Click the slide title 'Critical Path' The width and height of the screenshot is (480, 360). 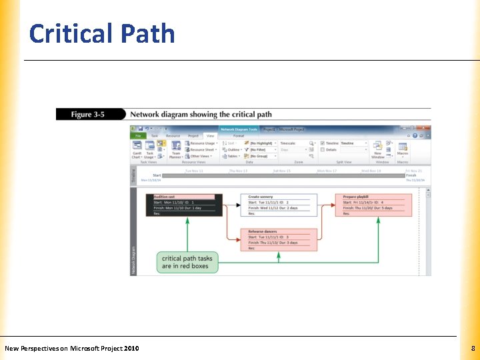(102, 33)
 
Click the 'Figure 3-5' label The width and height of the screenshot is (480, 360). (89, 115)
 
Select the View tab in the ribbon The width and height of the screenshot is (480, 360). (210, 135)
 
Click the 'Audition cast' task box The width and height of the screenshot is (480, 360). (183, 205)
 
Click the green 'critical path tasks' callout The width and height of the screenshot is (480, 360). (187, 262)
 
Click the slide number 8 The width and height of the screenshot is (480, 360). (473, 348)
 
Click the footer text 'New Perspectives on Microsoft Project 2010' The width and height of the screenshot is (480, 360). (72, 348)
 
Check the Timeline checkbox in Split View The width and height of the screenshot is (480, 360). (322, 143)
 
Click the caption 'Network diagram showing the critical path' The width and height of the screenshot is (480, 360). (201, 115)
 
